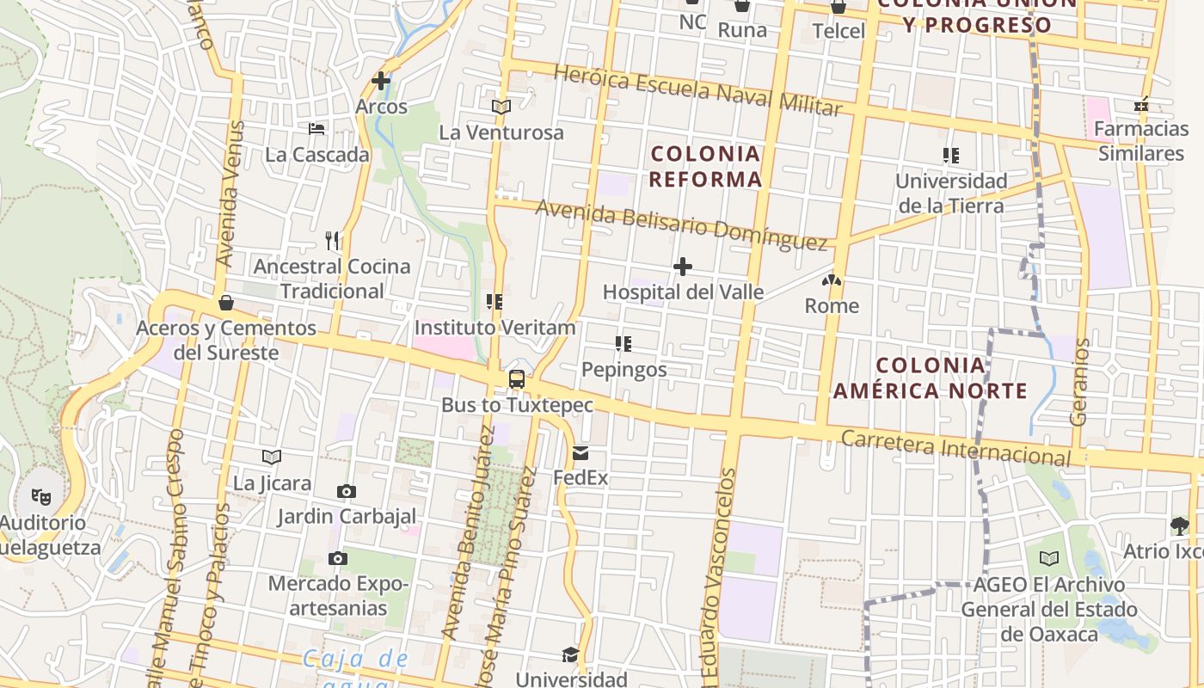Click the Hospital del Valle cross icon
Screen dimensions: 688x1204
683,267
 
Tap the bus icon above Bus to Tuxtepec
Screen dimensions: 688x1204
517,378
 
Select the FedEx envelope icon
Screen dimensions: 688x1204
580,453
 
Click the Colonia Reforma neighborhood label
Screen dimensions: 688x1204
705,166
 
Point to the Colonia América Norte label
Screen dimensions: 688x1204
931,378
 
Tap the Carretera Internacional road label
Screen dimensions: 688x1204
956,448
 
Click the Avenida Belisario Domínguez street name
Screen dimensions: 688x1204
681,224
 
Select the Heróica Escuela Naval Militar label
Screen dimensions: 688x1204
697,89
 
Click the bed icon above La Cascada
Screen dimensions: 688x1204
317,129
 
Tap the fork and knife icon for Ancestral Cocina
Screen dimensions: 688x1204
332,240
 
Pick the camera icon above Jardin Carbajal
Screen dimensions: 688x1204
347,491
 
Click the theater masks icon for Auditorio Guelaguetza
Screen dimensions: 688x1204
40,496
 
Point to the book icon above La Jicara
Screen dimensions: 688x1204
272,457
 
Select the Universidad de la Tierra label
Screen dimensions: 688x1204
951,193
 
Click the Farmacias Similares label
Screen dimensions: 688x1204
1141,141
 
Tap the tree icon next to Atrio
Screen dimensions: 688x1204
1179,525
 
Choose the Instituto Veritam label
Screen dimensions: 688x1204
494,328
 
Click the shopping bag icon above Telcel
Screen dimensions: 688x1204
838,7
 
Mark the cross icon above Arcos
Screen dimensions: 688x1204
381,82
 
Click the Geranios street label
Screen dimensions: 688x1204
1080,382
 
